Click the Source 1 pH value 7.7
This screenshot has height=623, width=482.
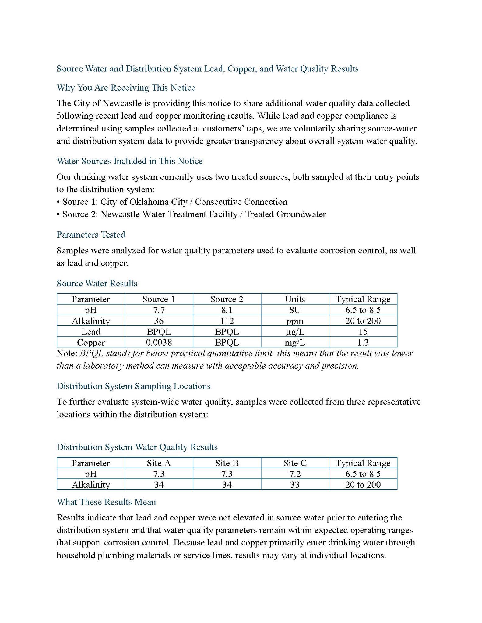(x=159, y=310)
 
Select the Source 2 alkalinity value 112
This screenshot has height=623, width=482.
(x=227, y=321)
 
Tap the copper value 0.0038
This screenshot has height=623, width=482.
(x=159, y=343)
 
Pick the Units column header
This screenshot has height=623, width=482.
(x=295, y=299)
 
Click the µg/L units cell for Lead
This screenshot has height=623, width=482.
(x=295, y=332)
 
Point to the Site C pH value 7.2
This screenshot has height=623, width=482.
(x=295, y=474)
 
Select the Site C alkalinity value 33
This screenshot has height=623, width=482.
(x=295, y=485)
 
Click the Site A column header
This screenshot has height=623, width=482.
(x=159, y=463)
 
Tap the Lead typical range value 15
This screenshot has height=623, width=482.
(x=363, y=332)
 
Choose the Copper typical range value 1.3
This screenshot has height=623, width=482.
(x=363, y=343)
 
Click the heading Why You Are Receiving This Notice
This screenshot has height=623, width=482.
(x=126, y=88)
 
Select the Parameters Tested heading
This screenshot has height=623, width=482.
(x=91, y=235)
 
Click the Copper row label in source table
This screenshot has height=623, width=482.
(x=91, y=343)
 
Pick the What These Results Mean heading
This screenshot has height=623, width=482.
(x=106, y=502)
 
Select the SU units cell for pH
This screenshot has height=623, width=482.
(x=295, y=310)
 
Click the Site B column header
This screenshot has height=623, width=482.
(x=227, y=463)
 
